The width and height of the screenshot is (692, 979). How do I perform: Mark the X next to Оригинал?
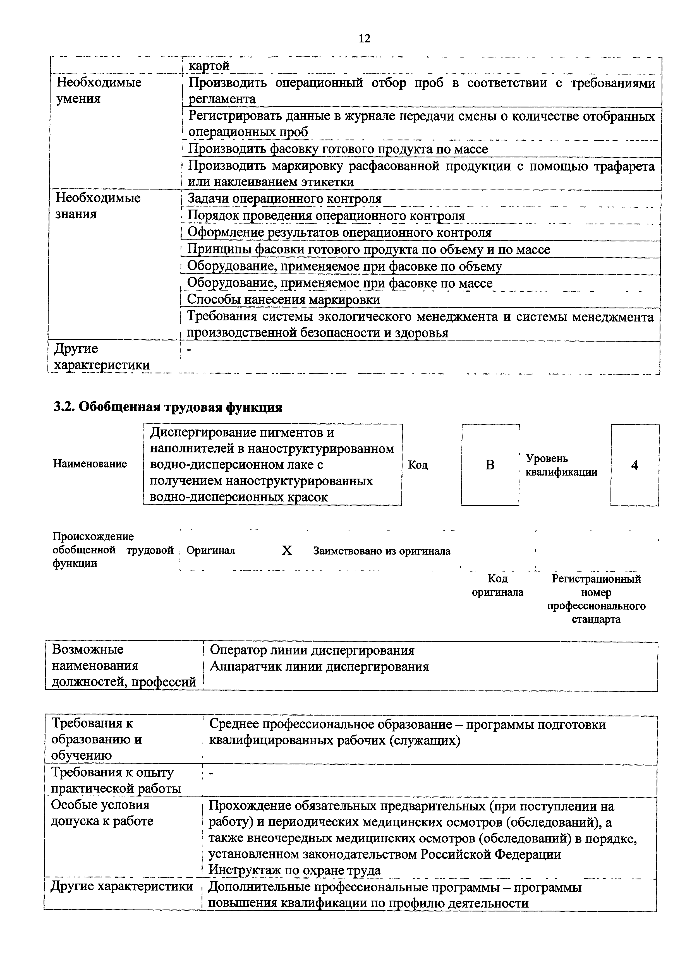coord(287,551)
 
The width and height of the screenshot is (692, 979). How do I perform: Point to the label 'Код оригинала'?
coord(497,586)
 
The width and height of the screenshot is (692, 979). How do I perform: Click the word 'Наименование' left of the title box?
coord(90,464)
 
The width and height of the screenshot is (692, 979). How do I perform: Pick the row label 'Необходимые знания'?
coord(98,206)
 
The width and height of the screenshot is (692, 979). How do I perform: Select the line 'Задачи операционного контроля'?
coord(284,199)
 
